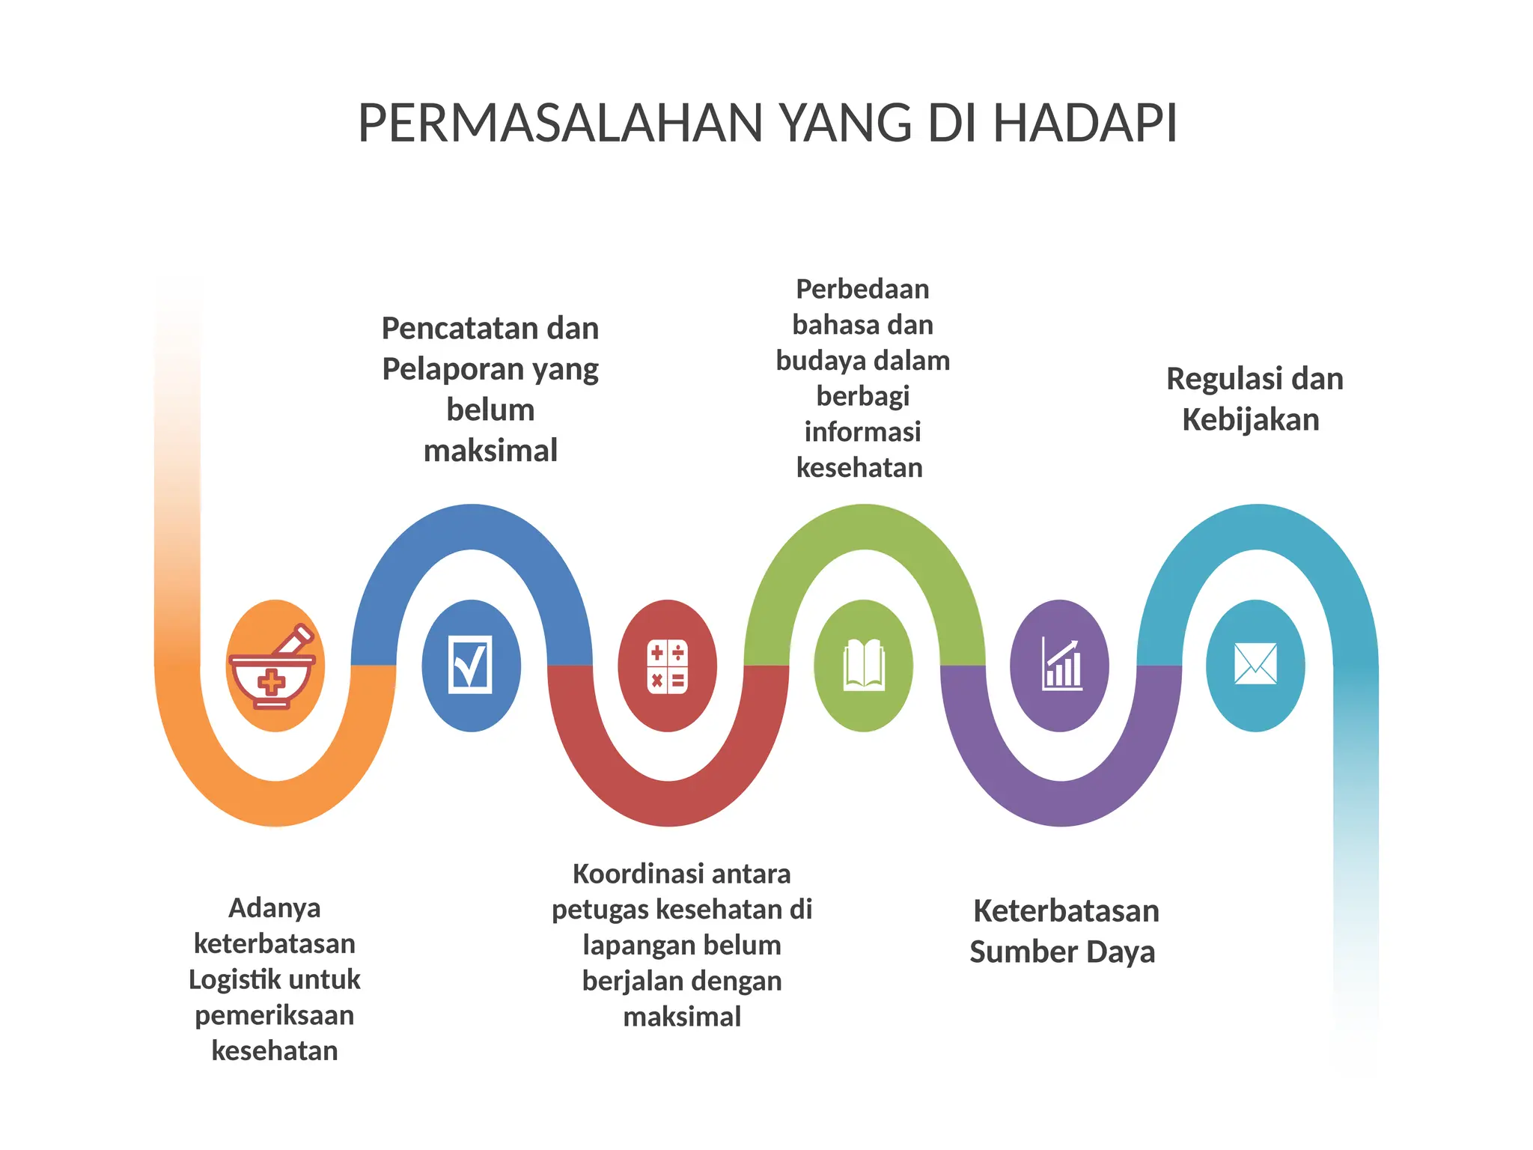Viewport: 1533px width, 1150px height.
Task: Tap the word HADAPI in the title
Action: (1085, 124)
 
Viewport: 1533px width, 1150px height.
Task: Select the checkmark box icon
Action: (471, 665)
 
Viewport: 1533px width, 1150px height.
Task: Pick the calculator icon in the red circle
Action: (667, 666)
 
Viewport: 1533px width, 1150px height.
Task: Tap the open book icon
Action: (863, 665)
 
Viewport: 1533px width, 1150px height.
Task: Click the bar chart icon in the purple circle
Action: (1061, 665)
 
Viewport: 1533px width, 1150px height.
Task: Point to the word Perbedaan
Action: (862, 289)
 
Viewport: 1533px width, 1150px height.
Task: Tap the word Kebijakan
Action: (1250, 420)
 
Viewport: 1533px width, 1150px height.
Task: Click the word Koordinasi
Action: (628, 874)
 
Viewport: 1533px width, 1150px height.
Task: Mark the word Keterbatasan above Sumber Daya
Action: (1066, 911)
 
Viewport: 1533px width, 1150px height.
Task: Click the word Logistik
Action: (232, 979)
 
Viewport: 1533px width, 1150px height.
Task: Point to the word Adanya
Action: (275, 908)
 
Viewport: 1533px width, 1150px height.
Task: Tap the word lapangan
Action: (633, 946)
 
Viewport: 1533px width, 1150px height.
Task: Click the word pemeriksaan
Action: (275, 1016)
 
